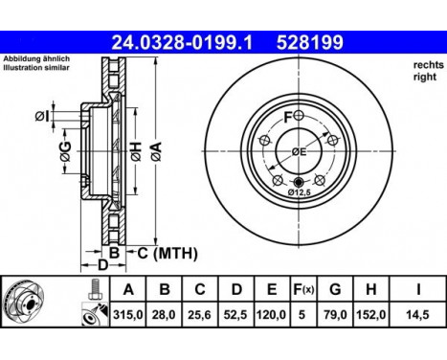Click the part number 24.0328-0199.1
click(x=182, y=42)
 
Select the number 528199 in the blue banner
click(x=310, y=42)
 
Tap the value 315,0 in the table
click(x=128, y=315)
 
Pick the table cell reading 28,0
click(x=164, y=315)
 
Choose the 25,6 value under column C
click(x=200, y=315)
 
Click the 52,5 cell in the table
click(x=235, y=315)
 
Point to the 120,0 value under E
click(x=272, y=315)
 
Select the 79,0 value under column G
click(x=335, y=315)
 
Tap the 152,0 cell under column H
click(x=370, y=315)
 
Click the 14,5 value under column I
click(x=418, y=315)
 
